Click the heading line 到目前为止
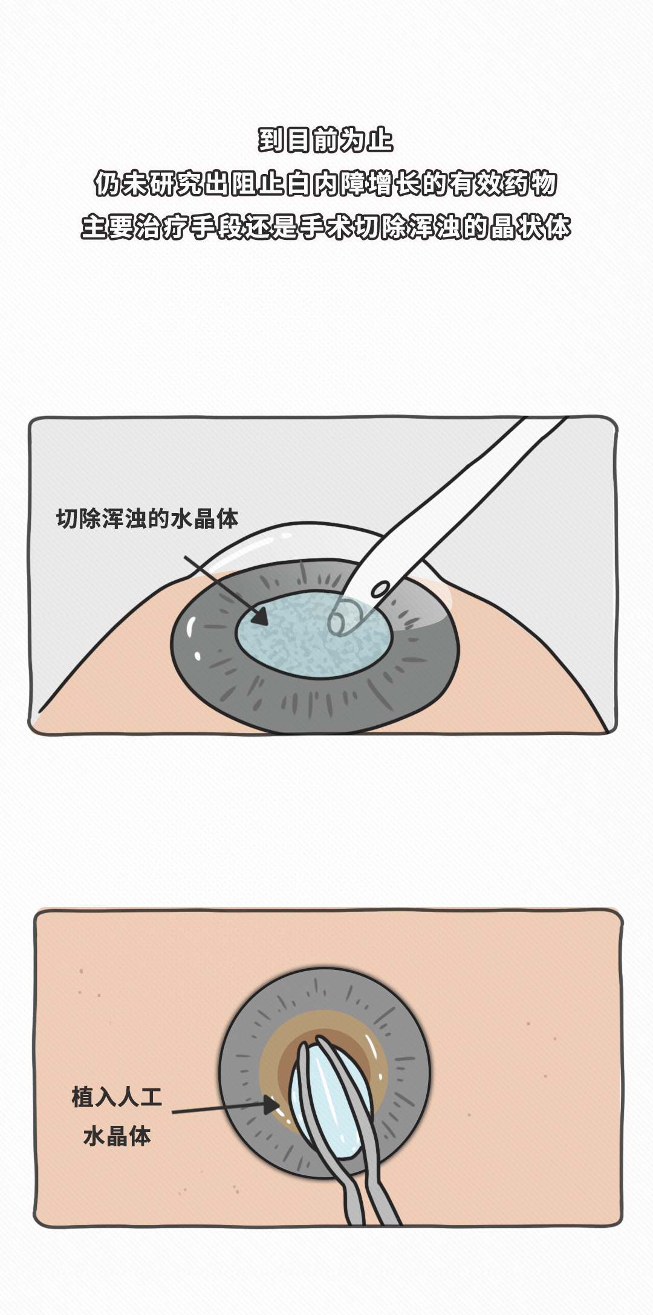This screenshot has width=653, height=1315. click(x=326, y=140)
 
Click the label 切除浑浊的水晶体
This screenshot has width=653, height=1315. click(x=147, y=519)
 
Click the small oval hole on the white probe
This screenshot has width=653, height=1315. click(x=380, y=589)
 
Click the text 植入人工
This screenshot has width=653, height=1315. click(x=117, y=1097)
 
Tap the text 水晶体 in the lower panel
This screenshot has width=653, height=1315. click(x=117, y=1136)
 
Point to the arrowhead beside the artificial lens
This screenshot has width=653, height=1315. click(x=271, y=1105)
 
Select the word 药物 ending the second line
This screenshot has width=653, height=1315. click(x=530, y=184)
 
